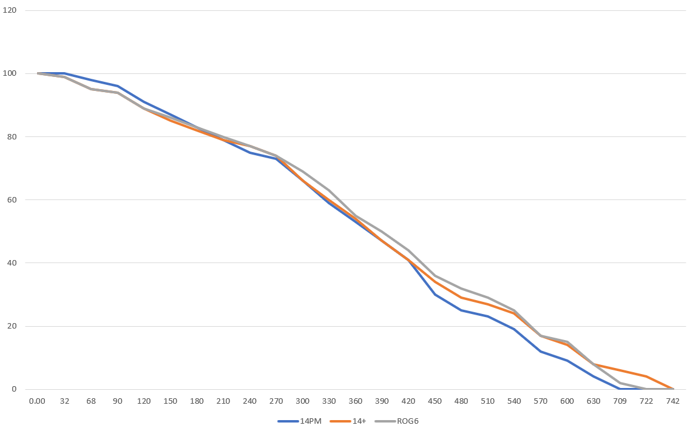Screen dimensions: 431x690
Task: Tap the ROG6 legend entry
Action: pos(401,421)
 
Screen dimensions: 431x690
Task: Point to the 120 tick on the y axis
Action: pos(11,11)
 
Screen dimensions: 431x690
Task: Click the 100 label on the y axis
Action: pos(11,73)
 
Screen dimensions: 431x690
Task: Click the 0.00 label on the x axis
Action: pos(38,401)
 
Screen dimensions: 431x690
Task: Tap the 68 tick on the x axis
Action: pos(91,401)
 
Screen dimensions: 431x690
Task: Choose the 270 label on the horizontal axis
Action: pos(276,401)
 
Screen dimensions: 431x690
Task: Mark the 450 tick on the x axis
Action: pos(435,401)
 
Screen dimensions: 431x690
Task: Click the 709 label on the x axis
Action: pos(620,401)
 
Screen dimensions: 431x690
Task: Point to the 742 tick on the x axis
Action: pos(673,401)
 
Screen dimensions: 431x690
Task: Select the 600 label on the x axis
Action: pos(567,401)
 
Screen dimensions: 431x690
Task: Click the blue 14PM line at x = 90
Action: pos(118,86)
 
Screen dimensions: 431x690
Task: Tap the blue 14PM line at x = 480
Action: pos(461,310)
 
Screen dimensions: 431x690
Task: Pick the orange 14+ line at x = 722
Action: pos(647,376)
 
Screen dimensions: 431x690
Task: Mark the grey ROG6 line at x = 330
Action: pos(329,190)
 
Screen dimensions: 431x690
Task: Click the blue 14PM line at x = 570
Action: pos(541,352)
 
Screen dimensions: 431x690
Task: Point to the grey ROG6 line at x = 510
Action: pos(488,298)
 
